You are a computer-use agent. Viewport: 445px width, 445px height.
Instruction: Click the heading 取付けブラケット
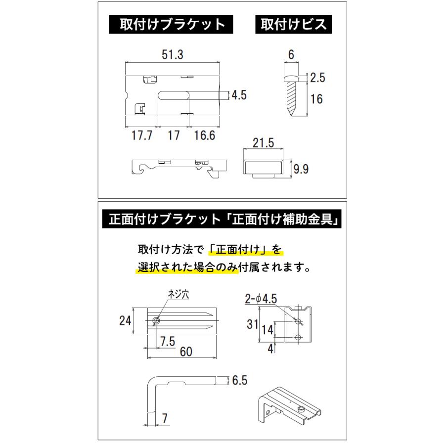[172, 25]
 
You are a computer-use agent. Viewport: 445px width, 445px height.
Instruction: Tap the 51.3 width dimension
[172, 55]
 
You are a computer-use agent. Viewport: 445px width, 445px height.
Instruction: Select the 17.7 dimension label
[141, 135]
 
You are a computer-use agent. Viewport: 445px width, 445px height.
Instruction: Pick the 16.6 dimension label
[204, 135]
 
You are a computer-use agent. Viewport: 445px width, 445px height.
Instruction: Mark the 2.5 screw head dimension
[318, 77]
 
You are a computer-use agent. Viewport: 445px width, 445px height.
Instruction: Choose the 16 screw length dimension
[316, 99]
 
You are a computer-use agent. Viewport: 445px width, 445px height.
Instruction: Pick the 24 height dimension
[125, 320]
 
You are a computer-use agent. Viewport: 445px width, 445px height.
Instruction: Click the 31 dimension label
[253, 324]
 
